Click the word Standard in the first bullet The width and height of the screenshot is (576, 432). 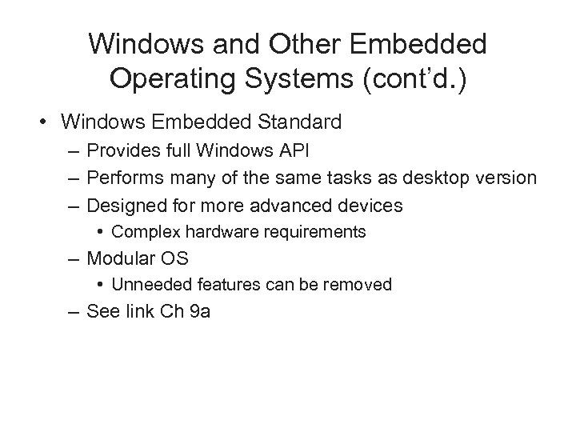294,122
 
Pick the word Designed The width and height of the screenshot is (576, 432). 123,206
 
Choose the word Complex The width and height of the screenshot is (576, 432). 140,232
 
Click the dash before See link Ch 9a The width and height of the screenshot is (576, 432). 74,312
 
